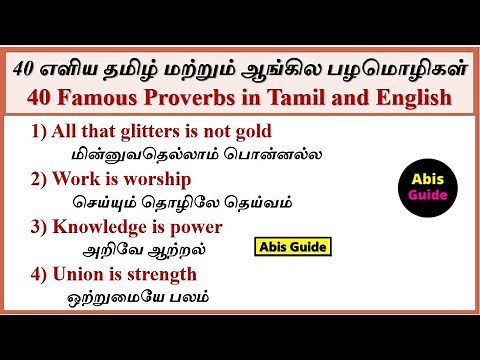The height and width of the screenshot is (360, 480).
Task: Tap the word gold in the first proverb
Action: point(251,132)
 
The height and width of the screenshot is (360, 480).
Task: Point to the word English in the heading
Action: point(406,98)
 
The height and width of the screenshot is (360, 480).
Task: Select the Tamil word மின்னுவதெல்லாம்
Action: point(139,155)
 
